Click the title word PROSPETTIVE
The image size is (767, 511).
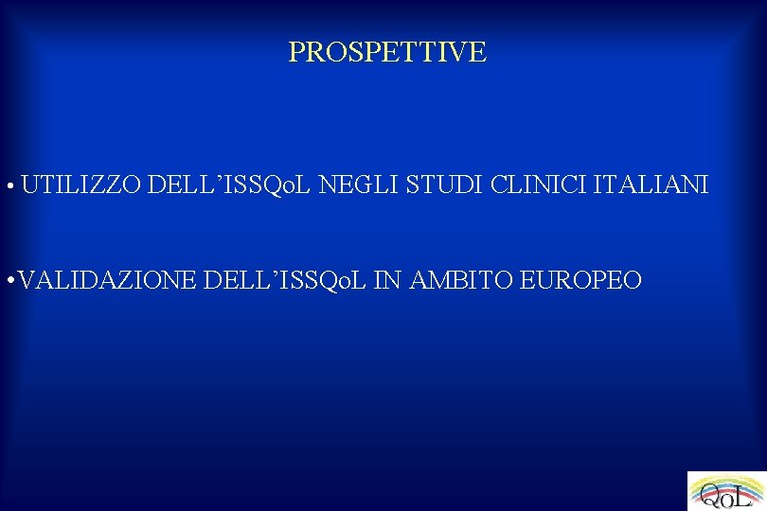387,52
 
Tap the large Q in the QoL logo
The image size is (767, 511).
707,495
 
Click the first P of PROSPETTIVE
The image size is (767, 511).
295,52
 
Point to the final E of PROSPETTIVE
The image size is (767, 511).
478,52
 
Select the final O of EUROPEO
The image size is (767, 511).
633,280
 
